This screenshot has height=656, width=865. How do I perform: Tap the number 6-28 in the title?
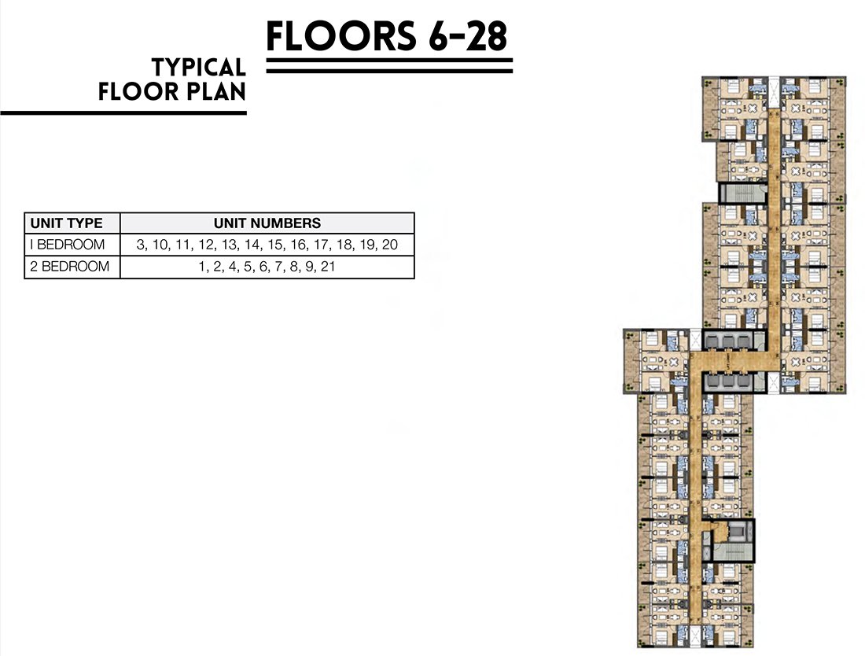467,36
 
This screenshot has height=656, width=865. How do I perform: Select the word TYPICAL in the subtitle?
199,68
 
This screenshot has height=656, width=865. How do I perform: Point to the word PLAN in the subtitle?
215,91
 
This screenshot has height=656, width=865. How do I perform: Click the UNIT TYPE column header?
66,223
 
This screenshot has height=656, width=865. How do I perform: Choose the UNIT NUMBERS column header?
267,223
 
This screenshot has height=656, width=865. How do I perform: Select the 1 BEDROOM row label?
68,245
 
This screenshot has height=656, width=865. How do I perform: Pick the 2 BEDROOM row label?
69,267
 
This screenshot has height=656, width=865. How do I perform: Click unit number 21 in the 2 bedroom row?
328,267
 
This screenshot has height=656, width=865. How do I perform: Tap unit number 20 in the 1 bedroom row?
389,245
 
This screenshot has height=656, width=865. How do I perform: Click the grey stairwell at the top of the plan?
742,193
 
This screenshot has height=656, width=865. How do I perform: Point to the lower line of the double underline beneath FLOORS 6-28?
389,71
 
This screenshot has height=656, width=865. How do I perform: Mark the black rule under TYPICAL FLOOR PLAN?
123,113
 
